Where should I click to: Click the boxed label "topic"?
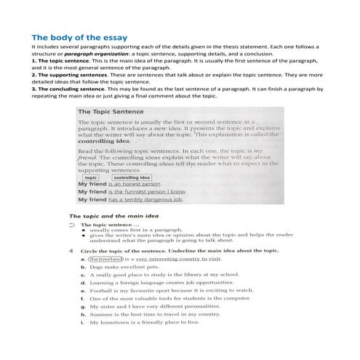click(x=91, y=177)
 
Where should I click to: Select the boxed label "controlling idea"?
click(x=131, y=177)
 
